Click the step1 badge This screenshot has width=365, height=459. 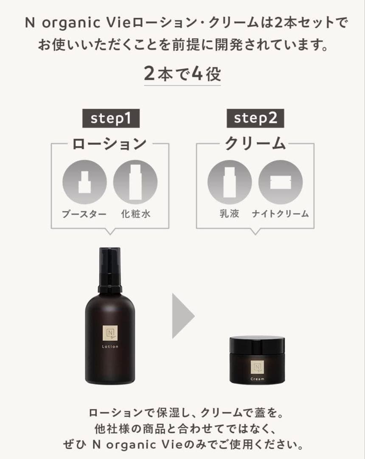pos(110,119)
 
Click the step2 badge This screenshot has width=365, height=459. pos(255,119)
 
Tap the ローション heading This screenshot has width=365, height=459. pos(110,144)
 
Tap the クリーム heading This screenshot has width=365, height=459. pos(255,144)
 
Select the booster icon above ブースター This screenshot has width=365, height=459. pos(85,181)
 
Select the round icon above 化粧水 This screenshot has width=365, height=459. pos(135,181)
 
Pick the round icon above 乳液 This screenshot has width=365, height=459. pos(230,181)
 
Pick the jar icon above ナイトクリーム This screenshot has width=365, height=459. pos(280,181)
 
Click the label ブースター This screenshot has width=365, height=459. pos(84,214)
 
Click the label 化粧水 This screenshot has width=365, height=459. pos(135,214)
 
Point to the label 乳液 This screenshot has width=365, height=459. pos(229,214)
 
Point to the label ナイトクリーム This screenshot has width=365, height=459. pos(280,214)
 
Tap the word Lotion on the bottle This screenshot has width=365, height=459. pos(110,347)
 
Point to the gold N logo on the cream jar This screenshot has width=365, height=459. pos(257,367)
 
